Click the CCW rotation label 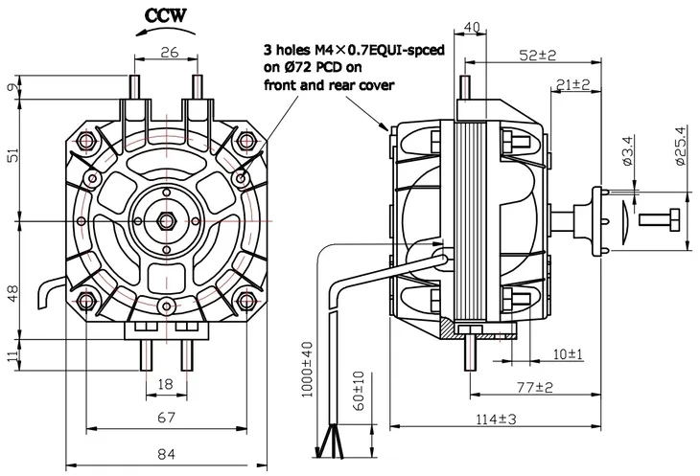[x=168, y=14]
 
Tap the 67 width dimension [x=167, y=417]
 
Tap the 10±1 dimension [x=570, y=354]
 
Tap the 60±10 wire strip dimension [x=358, y=390]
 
